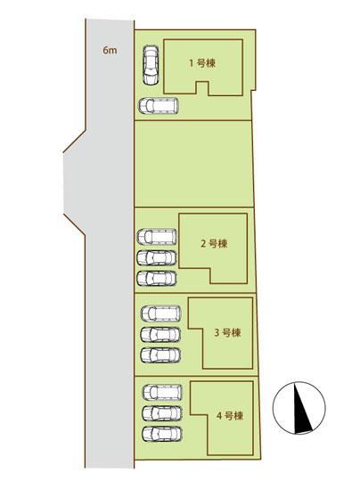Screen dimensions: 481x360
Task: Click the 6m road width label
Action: point(109,52)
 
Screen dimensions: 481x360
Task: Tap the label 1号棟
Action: point(203,62)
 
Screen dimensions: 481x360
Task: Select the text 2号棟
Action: point(214,242)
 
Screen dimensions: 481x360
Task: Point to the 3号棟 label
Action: point(227,332)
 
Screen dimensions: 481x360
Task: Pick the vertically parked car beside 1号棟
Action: point(150,64)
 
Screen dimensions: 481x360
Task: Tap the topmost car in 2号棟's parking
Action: point(157,237)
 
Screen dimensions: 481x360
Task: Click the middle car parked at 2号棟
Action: point(157,257)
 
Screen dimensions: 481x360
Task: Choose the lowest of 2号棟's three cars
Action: point(157,278)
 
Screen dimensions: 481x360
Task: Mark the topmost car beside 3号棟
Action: point(160,314)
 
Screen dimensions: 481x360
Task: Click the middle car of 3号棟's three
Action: point(160,335)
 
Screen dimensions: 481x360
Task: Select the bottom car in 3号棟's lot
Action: point(160,355)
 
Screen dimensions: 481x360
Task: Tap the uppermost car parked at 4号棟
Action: point(161,392)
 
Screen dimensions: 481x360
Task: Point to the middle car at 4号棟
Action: point(161,412)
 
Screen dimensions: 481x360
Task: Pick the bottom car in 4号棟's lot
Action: point(161,434)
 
